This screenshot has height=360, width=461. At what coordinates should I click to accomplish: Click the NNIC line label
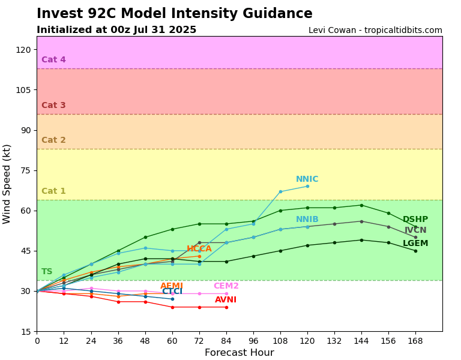pyautogui.click(x=307, y=179)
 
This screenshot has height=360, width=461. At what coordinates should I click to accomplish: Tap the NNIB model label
pyautogui.click(x=307, y=220)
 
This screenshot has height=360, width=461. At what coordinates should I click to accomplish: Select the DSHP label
pyautogui.click(x=415, y=220)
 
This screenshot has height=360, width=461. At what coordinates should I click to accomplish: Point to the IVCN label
pyautogui.click(x=415, y=230)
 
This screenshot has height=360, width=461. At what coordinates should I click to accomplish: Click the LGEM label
pyautogui.click(x=415, y=244)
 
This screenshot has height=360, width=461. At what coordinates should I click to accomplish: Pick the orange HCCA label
pyautogui.click(x=199, y=249)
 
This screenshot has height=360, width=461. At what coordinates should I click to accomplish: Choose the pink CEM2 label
pyautogui.click(x=226, y=286)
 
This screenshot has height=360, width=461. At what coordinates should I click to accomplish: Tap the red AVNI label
pyautogui.click(x=226, y=300)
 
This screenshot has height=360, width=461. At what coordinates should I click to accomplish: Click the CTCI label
pyautogui.click(x=172, y=292)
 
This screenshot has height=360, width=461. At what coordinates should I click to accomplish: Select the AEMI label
pyautogui.click(x=172, y=286)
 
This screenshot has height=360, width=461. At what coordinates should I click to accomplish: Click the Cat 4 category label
pyautogui.click(x=53, y=60)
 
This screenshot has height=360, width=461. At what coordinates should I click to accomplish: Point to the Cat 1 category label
pyautogui.click(x=53, y=191)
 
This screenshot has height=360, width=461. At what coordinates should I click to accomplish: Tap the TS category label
pyautogui.click(x=47, y=272)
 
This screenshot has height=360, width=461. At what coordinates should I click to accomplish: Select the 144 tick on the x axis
pyautogui.click(x=361, y=341)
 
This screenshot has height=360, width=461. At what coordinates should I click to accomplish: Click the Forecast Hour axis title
pyautogui.click(x=239, y=353)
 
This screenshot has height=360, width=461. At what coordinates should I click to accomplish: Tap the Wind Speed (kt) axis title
pyautogui.click(x=7, y=184)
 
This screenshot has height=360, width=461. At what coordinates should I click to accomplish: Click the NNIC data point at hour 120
pyautogui.click(x=307, y=186)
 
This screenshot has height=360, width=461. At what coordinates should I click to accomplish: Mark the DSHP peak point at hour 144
pyautogui.click(x=361, y=205)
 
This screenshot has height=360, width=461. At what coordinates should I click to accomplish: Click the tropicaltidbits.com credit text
pyautogui.click(x=375, y=30)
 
